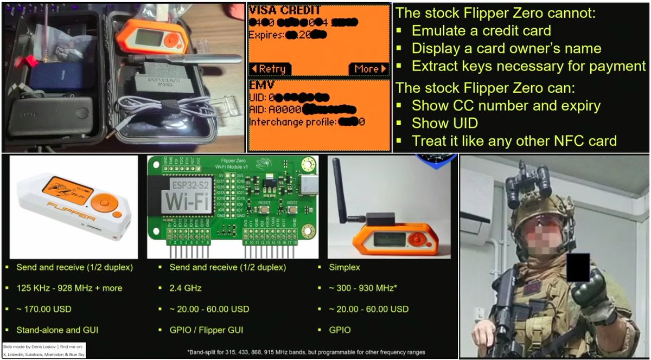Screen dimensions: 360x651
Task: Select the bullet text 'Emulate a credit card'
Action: (x=481, y=31)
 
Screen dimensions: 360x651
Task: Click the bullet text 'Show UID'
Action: (x=445, y=123)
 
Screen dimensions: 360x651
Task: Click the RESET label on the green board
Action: (x=264, y=203)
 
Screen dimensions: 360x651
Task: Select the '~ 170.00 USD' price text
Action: (x=44, y=308)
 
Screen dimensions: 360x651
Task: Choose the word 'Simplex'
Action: (x=344, y=267)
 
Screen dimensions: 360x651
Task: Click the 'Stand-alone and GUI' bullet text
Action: (x=58, y=330)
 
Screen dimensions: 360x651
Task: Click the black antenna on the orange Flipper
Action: (x=342, y=192)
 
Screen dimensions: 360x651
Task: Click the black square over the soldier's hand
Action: (x=578, y=267)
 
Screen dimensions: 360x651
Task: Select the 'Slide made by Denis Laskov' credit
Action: (x=30, y=346)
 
